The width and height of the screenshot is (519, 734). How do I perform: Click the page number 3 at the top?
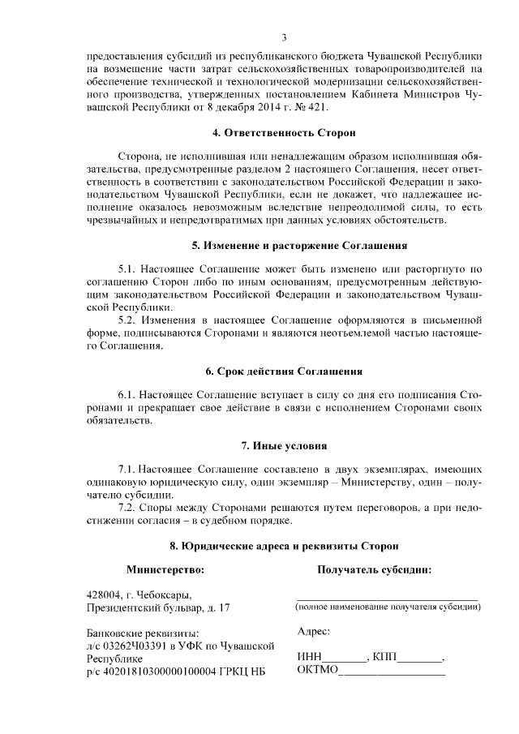(x=285, y=37)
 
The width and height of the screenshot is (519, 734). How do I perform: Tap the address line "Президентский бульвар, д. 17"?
(x=158, y=607)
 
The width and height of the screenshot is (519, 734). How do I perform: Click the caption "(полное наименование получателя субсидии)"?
(x=387, y=607)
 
